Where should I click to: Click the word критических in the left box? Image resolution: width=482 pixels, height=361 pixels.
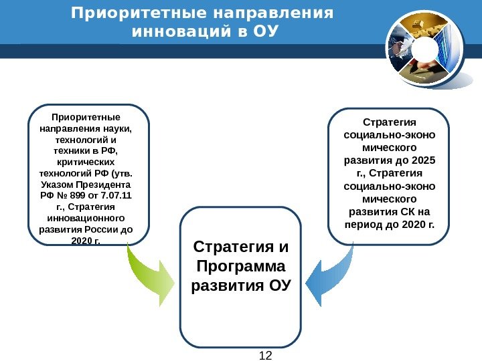coord(86,162)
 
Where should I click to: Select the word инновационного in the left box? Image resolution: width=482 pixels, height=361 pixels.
coord(87,219)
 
